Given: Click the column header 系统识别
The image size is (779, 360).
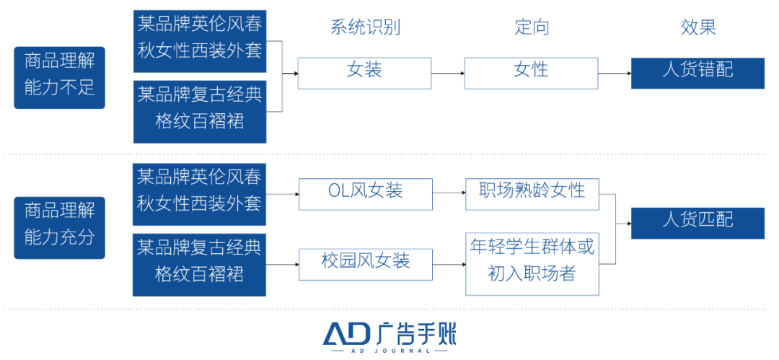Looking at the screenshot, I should [365, 28].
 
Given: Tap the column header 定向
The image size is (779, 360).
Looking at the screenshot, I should [532, 28].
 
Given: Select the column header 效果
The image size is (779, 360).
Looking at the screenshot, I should [697, 28].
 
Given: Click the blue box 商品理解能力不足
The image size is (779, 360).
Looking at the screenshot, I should [59, 77].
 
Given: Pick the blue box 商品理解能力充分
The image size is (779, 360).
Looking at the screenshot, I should [59, 227].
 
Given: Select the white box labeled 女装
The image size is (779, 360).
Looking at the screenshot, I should [364, 73].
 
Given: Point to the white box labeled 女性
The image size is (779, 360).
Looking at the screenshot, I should [531, 73].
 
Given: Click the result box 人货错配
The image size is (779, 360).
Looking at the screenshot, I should [697, 73].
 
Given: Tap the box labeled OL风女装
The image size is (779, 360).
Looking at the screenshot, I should [366, 194].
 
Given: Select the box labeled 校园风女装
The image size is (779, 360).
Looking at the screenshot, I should [366, 264].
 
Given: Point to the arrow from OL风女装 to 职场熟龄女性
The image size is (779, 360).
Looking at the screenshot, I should [449, 194].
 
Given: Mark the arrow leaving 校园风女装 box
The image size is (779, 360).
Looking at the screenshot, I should [449, 264].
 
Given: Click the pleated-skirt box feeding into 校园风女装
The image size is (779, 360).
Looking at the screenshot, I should [199, 264].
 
